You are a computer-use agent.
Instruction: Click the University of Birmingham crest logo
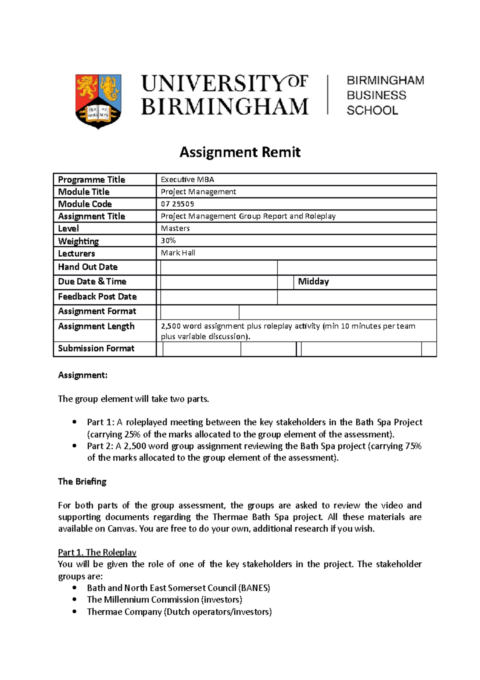(x=98, y=101)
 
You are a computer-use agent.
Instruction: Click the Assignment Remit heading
(x=240, y=153)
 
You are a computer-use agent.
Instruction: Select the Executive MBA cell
(x=187, y=179)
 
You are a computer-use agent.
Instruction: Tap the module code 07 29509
(x=177, y=204)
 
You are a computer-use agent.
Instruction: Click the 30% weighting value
(x=168, y=240)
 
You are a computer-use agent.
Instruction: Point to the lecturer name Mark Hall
(x=178, y=253)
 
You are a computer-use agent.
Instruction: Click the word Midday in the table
(x=313, y=282)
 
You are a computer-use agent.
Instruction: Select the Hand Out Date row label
(x=88, y=267)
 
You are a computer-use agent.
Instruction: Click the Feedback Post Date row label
(x=97, y=297)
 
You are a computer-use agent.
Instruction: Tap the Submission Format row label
(x=96, y=348)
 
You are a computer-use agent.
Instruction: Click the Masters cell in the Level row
(x=175, y=228)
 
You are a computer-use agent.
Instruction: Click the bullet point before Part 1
(x=74, y=422)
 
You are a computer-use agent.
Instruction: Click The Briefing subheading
(x=82, y=481)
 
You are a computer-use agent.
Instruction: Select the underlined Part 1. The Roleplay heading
(x=97, y=552)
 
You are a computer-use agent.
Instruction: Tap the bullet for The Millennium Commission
(x=74, y=600)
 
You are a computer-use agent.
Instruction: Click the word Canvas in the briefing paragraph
(x=122, y=529)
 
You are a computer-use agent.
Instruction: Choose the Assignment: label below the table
(x=82, y=375)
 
